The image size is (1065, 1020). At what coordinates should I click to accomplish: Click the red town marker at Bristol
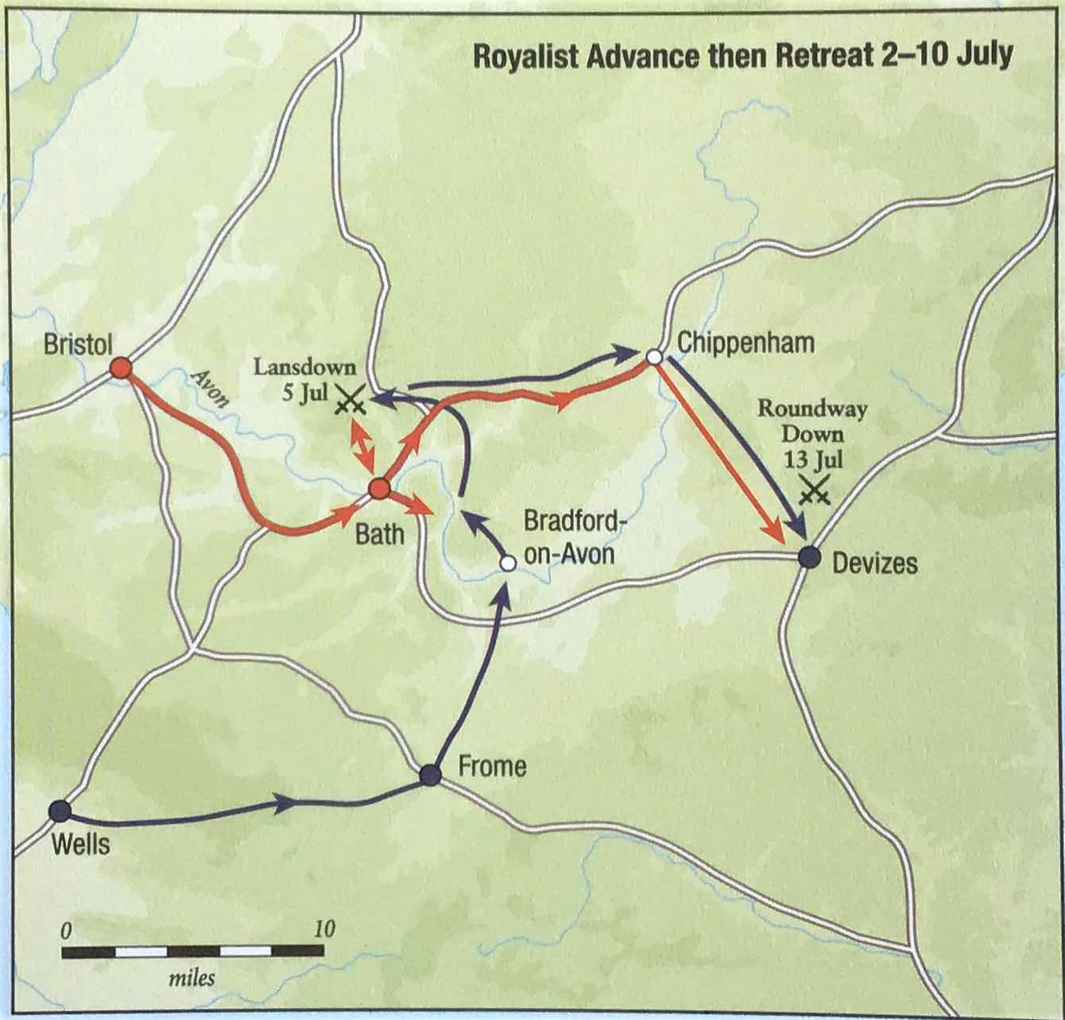click(121, 367)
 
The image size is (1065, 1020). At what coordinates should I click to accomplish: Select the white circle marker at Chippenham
click(654, 358)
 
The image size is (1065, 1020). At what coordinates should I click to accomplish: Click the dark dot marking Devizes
click(808, 557)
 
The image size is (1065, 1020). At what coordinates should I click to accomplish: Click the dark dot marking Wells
click(59, 811)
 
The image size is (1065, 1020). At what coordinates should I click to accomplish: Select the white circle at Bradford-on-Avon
click(507, 563)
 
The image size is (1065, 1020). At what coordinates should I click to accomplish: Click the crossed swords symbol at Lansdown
click(349, 402)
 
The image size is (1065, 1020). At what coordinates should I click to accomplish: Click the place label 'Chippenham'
click(745, 343)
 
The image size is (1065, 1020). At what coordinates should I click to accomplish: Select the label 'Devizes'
click(874, 564)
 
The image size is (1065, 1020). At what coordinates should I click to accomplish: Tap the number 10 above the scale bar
click(323, 929)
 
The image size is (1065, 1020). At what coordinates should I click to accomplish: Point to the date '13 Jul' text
click(813, 460)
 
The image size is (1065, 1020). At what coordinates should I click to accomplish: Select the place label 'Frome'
click(492, 766)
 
